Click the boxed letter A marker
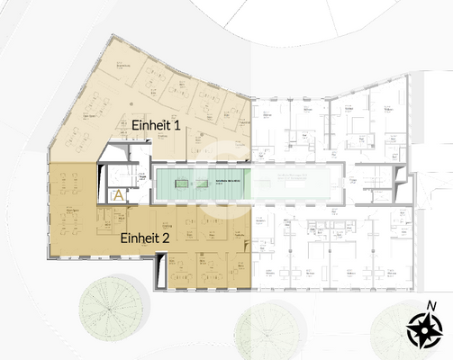pos(116,194)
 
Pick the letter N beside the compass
pos(432,305)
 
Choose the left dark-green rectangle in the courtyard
pos(180,183)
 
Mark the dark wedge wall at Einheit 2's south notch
pos(160,271)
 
